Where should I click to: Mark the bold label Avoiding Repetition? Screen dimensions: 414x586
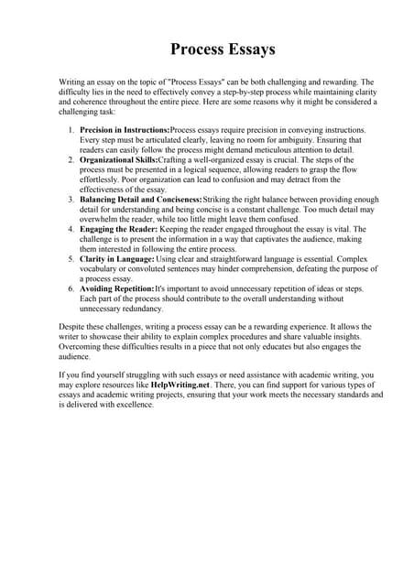pyautogui.click(x=116, y=288)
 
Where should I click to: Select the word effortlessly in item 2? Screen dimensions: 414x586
pyautogui.click(x=103, y=179)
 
